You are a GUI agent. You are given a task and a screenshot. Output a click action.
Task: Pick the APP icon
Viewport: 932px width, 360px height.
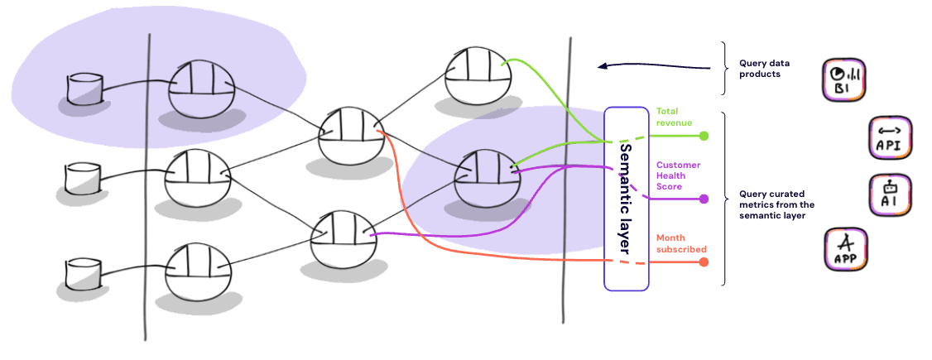click(x=845, y=249)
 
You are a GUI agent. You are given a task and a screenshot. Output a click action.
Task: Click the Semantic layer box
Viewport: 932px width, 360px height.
click(x=627, y=199)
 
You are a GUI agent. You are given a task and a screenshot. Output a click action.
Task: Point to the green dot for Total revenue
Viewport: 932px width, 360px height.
click(x=704, y=136)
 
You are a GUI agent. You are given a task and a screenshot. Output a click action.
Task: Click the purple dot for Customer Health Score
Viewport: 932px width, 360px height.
click(x=704, y=199)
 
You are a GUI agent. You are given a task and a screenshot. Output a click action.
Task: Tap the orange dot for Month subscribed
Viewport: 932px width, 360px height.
click(x=704, y=262)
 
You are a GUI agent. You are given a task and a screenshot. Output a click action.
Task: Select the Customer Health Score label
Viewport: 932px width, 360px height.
click(x=678, y=175)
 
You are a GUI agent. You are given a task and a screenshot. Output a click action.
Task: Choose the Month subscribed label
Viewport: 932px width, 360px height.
click(x=680, y=243)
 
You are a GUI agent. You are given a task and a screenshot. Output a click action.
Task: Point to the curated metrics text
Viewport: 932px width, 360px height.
click(x=776, y=204)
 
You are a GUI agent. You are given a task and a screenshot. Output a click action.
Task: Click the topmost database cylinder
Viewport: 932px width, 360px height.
click(x=84, y=89)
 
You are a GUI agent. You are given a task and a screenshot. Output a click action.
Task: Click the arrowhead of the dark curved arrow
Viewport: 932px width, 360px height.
click(x=602, y=66)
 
